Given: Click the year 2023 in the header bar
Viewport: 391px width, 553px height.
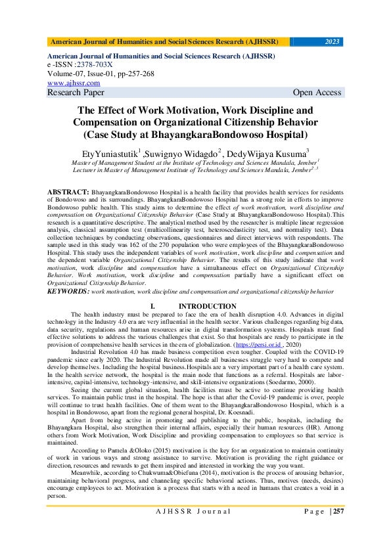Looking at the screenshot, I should (x=333, y=42).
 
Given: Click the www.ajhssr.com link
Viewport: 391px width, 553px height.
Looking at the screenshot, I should (x=74, y=83).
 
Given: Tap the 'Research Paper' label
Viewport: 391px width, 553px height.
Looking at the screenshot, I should (x=76, y=93).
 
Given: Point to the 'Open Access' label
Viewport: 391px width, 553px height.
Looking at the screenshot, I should (x=317, y=93).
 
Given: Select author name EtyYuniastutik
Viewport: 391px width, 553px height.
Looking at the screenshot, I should (x=104, y=154).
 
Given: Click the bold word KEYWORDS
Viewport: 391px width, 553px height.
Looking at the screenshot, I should (x=68, y=290).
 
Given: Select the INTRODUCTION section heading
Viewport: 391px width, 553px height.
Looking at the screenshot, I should (x=207, y=307).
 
